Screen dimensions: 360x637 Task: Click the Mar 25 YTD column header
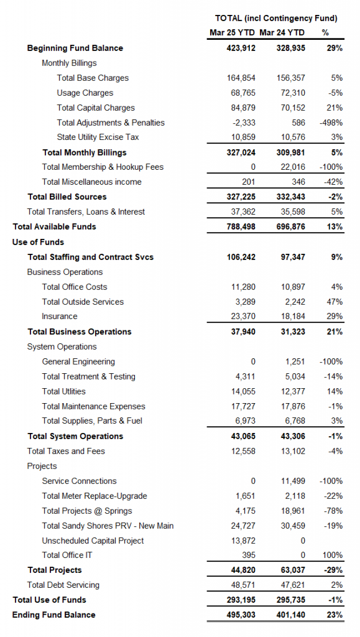point(232,32)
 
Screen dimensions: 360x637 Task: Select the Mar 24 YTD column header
point(282,32)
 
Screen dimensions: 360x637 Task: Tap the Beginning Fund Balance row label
point(75,48)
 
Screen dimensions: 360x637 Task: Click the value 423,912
point(241,48)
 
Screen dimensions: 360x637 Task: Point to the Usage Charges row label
point(85,93)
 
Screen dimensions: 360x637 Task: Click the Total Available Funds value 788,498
point(241,226)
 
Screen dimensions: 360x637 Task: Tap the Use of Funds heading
point(38,242)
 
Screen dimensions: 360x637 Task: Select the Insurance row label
point(59,317)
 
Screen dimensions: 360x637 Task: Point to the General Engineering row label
point(78,361)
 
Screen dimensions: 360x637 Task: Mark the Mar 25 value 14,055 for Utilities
point(244,392)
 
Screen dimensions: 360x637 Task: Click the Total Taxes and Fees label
point(66,452)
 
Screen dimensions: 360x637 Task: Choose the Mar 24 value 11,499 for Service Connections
point(293,481)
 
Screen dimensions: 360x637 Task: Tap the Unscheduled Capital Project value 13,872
point(244,541)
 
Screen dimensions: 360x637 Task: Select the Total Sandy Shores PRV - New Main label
point(108,526)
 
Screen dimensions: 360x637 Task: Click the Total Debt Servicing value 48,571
point(244,585)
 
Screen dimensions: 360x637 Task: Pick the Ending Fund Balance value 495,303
point(241,615)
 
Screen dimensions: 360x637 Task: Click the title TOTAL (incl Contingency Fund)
point(276,18)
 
